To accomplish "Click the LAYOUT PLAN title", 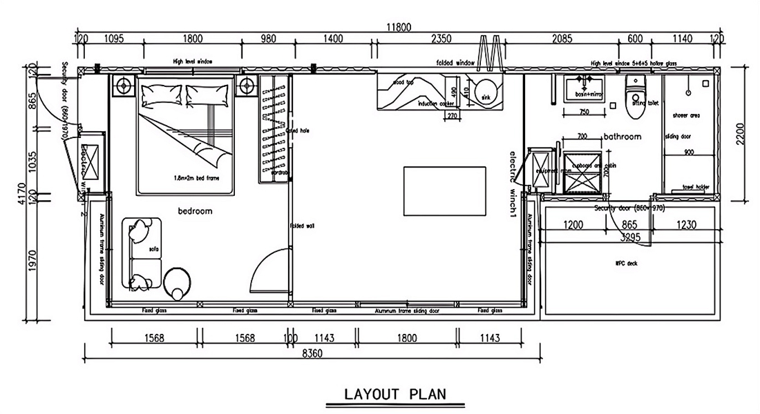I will [x=395, y=394].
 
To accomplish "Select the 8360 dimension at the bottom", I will [x=312, y=353].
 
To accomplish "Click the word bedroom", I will [x=195, y=211].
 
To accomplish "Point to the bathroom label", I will [x=623, y=137].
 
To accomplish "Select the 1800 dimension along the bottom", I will [x=408, y=338].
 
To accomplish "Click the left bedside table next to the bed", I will [x=124, y=86].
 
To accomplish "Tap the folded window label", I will [x=455, y=63].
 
